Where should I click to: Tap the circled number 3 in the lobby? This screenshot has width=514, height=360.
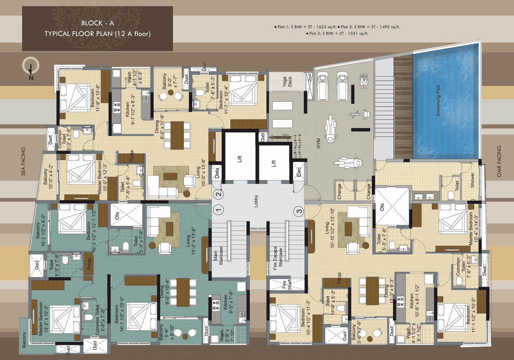(299, 211)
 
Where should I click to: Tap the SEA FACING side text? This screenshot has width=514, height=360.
(23, 161)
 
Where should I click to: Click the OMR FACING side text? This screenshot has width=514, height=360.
(498, 161)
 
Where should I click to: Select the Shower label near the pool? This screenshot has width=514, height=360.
(472, 180)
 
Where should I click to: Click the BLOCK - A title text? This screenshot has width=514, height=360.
(97, 24)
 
